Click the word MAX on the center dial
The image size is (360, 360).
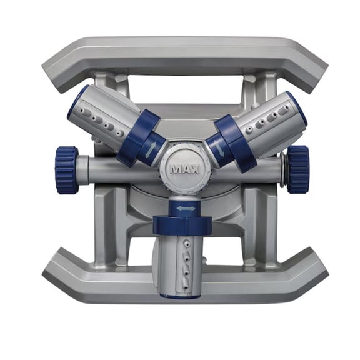point(184,169)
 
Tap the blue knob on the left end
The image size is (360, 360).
point(67,169)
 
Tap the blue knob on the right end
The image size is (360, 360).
point(297,169)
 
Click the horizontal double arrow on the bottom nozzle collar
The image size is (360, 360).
point(186,209)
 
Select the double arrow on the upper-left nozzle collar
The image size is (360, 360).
point(151,150)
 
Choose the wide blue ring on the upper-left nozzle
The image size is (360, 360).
point(138,137)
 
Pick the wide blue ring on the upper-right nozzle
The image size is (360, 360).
point(236,143)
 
